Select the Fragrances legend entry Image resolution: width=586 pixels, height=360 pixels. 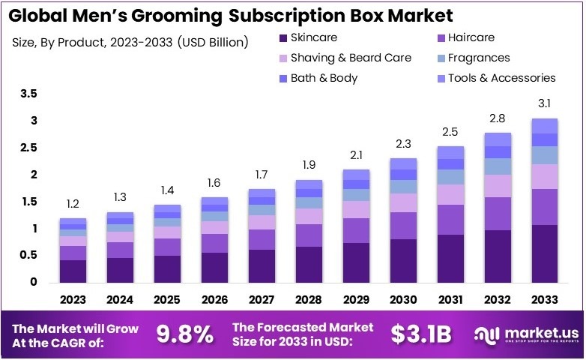[478, 58]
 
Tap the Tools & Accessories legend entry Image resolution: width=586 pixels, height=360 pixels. [501, 78]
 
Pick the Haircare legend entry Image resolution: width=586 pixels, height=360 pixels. [469, 37]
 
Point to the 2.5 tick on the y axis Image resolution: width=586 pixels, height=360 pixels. [28, 148]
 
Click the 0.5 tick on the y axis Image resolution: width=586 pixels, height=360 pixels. [28, 256]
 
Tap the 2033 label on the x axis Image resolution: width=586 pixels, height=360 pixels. [544, 300]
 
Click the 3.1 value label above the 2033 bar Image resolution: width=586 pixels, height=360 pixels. [545, 104]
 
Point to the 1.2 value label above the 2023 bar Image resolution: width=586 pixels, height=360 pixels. [73, 204]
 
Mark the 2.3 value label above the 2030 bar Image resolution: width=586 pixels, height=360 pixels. [404, 144]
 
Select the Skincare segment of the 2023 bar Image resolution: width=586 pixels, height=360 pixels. [73, 271]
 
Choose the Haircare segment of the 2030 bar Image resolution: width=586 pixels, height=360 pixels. [404, 226]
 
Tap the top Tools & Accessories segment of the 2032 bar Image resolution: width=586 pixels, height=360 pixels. [498, 139]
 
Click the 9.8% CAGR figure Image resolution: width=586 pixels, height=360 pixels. [184, 334]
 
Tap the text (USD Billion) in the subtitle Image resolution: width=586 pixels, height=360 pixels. [213, 42]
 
